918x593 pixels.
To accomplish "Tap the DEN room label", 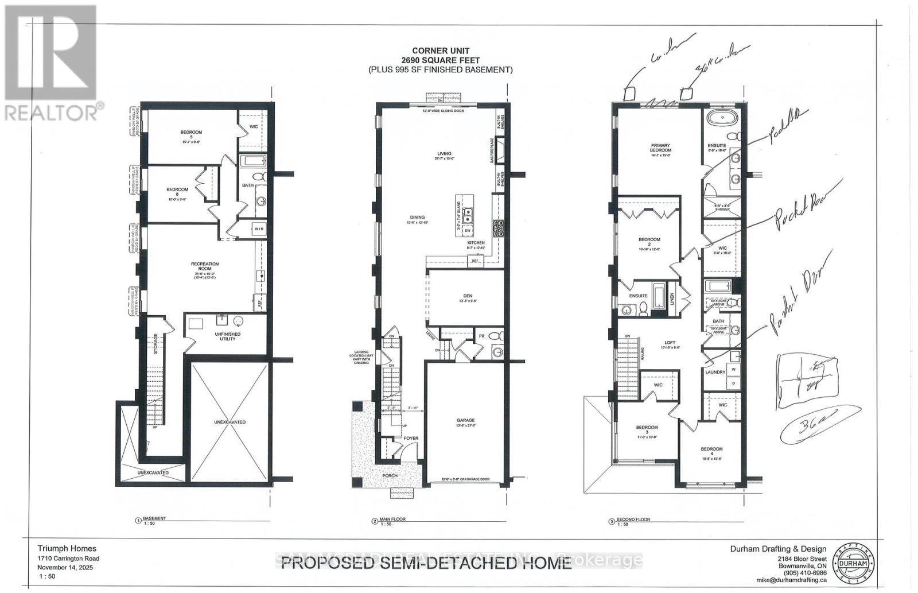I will click(468, 296).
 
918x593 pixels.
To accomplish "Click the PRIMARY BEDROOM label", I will click(661, 146).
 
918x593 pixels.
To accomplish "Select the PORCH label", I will click(390, 476).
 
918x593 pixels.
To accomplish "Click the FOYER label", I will click(411, 438).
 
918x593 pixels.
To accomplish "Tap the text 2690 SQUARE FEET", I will click(440, 60).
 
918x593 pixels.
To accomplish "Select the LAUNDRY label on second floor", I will click(715, 372).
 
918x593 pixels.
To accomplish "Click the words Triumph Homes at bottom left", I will click(67, 549).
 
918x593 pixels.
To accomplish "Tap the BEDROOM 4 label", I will click(711, 449).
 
